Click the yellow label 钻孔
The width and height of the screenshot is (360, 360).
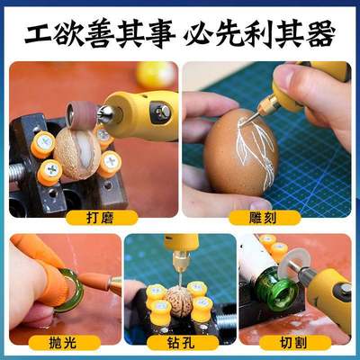(179, 342)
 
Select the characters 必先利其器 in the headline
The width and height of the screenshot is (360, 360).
(261, 33)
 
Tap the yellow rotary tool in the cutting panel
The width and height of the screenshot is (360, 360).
(328, 288)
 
